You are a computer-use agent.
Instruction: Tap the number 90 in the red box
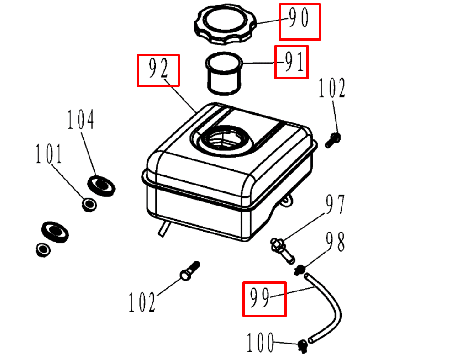300,21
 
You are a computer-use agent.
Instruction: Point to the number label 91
291,62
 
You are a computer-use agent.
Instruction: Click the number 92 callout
158,70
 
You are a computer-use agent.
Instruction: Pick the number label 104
81,120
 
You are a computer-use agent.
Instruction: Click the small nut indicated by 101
89,204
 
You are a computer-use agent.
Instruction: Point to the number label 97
335,205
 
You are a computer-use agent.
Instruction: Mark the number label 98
335,242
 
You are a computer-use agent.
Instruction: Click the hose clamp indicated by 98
300,270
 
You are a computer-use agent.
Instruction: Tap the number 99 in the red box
264,299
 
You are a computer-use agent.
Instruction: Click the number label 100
261,342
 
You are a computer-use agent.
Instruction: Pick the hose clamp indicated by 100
302,345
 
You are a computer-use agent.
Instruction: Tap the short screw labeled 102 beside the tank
333,139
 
